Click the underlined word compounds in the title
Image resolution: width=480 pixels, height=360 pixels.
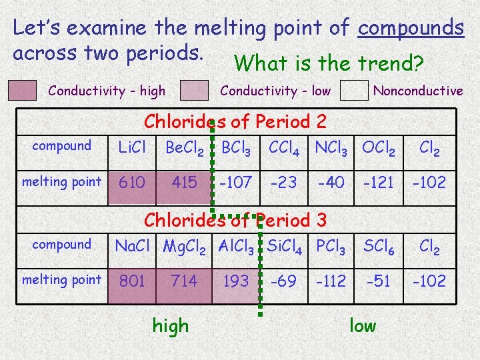click(411, 28)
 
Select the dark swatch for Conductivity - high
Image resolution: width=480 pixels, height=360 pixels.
click(23, 91)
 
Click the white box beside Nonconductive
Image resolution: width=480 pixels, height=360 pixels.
click(353, 91)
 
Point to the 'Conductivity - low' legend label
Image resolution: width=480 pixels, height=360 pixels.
click(275, 91)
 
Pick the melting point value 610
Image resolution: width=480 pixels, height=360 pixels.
click(131, 182)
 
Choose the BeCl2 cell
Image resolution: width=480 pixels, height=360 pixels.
click(185, 147)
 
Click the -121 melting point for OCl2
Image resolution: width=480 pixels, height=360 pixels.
click(379, 182)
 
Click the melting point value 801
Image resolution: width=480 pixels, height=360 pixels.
click(132, 281)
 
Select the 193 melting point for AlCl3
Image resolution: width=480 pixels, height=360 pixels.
click(235, 281)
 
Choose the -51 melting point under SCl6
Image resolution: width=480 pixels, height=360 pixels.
click(379, 281)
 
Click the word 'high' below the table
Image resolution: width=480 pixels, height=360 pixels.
click(171, 326)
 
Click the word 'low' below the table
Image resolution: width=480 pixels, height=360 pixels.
click(363, 326)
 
